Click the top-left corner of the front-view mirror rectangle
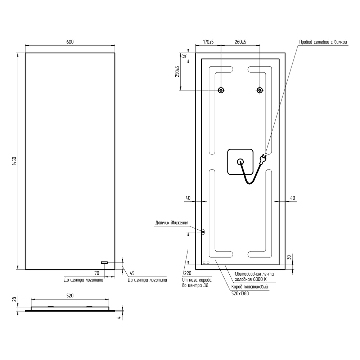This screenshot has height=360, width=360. click(x=25, y=53)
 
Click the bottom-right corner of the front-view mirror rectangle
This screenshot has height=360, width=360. click(x=115, y=269)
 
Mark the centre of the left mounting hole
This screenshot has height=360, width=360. click(x=221, y=90)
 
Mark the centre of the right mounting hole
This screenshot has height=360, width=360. click(x=260, y=90)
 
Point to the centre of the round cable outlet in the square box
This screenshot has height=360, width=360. click(x=240, y=162)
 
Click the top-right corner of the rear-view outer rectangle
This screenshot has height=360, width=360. click(x=285, y=53)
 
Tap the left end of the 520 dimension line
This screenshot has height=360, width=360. click(x=31, y=299)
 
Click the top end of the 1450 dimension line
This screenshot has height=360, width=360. click(x=18, y=53)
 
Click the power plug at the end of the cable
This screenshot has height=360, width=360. click(x=263, y=159)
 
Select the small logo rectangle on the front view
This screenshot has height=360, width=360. click(x=104, y=262)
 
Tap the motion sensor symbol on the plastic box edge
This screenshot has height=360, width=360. click(x=203, y=232)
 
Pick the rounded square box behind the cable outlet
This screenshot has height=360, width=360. click(x=240, y=162)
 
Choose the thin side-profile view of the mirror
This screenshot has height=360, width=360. click(x=70, y=309)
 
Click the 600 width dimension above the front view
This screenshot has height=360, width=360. click(x=70, y=42)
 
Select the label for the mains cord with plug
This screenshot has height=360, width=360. click(x=323, y=42)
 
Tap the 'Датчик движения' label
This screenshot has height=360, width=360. click(x=172, y=223)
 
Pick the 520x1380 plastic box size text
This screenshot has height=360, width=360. click(x=240, y=293)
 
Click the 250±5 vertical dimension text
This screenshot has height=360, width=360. click(x=177, y=71)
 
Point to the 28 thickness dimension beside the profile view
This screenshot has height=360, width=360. click(x=14, y=300)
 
